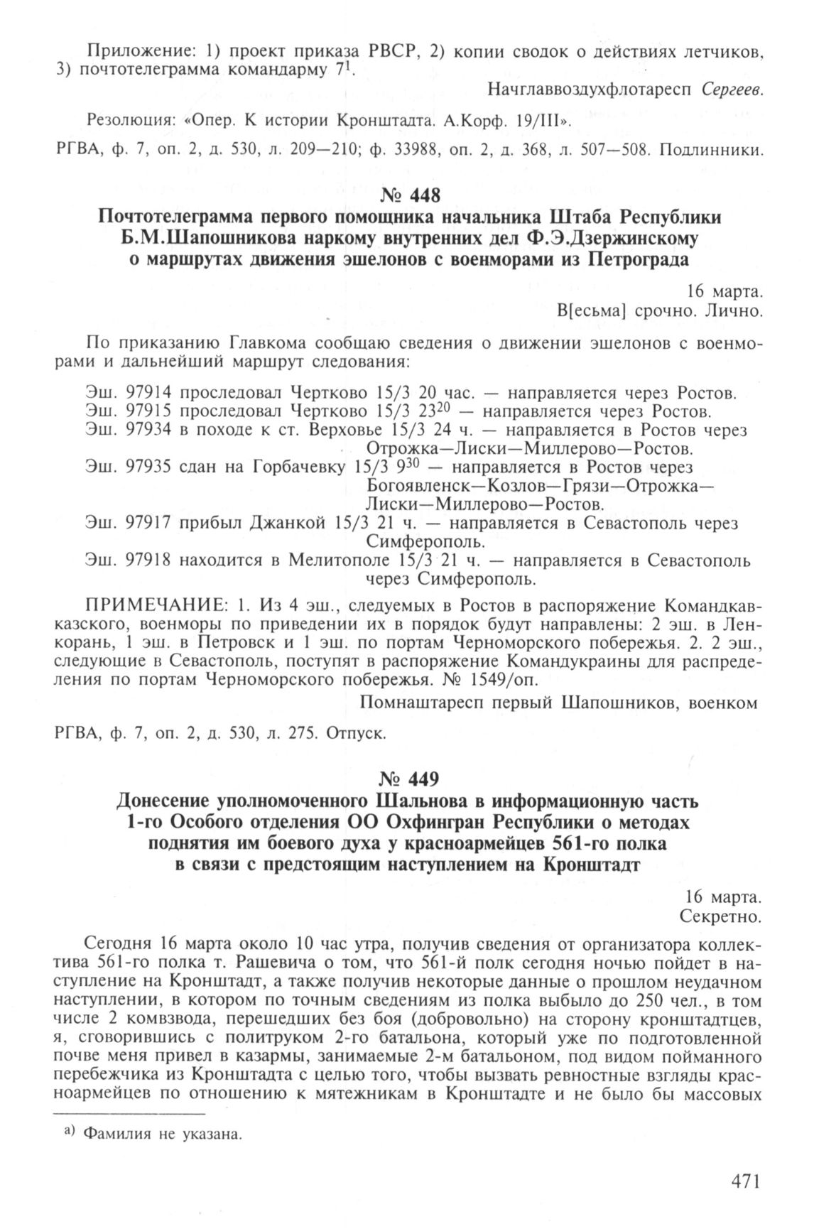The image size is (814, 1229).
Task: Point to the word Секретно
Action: pos(720,916)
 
